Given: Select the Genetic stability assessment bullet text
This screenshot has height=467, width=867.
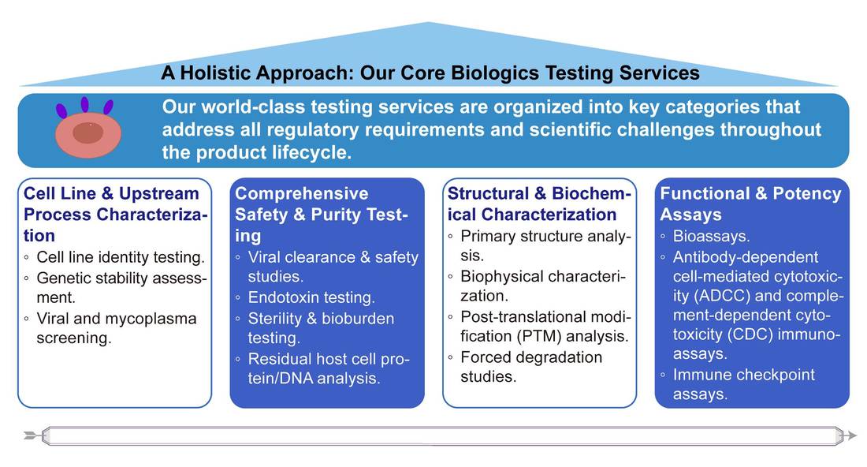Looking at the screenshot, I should coord(121,288).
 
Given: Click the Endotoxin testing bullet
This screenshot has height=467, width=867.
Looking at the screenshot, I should coord(311,298).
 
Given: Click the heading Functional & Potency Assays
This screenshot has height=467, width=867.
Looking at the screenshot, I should coord(750,204).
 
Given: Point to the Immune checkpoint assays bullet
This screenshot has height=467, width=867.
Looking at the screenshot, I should coord(743,384).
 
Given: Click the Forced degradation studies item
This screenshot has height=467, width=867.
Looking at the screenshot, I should coord(530,367).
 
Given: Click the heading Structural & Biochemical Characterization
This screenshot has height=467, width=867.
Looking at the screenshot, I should coord(539,204).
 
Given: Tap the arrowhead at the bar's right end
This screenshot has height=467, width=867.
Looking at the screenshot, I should coord(850,435).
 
